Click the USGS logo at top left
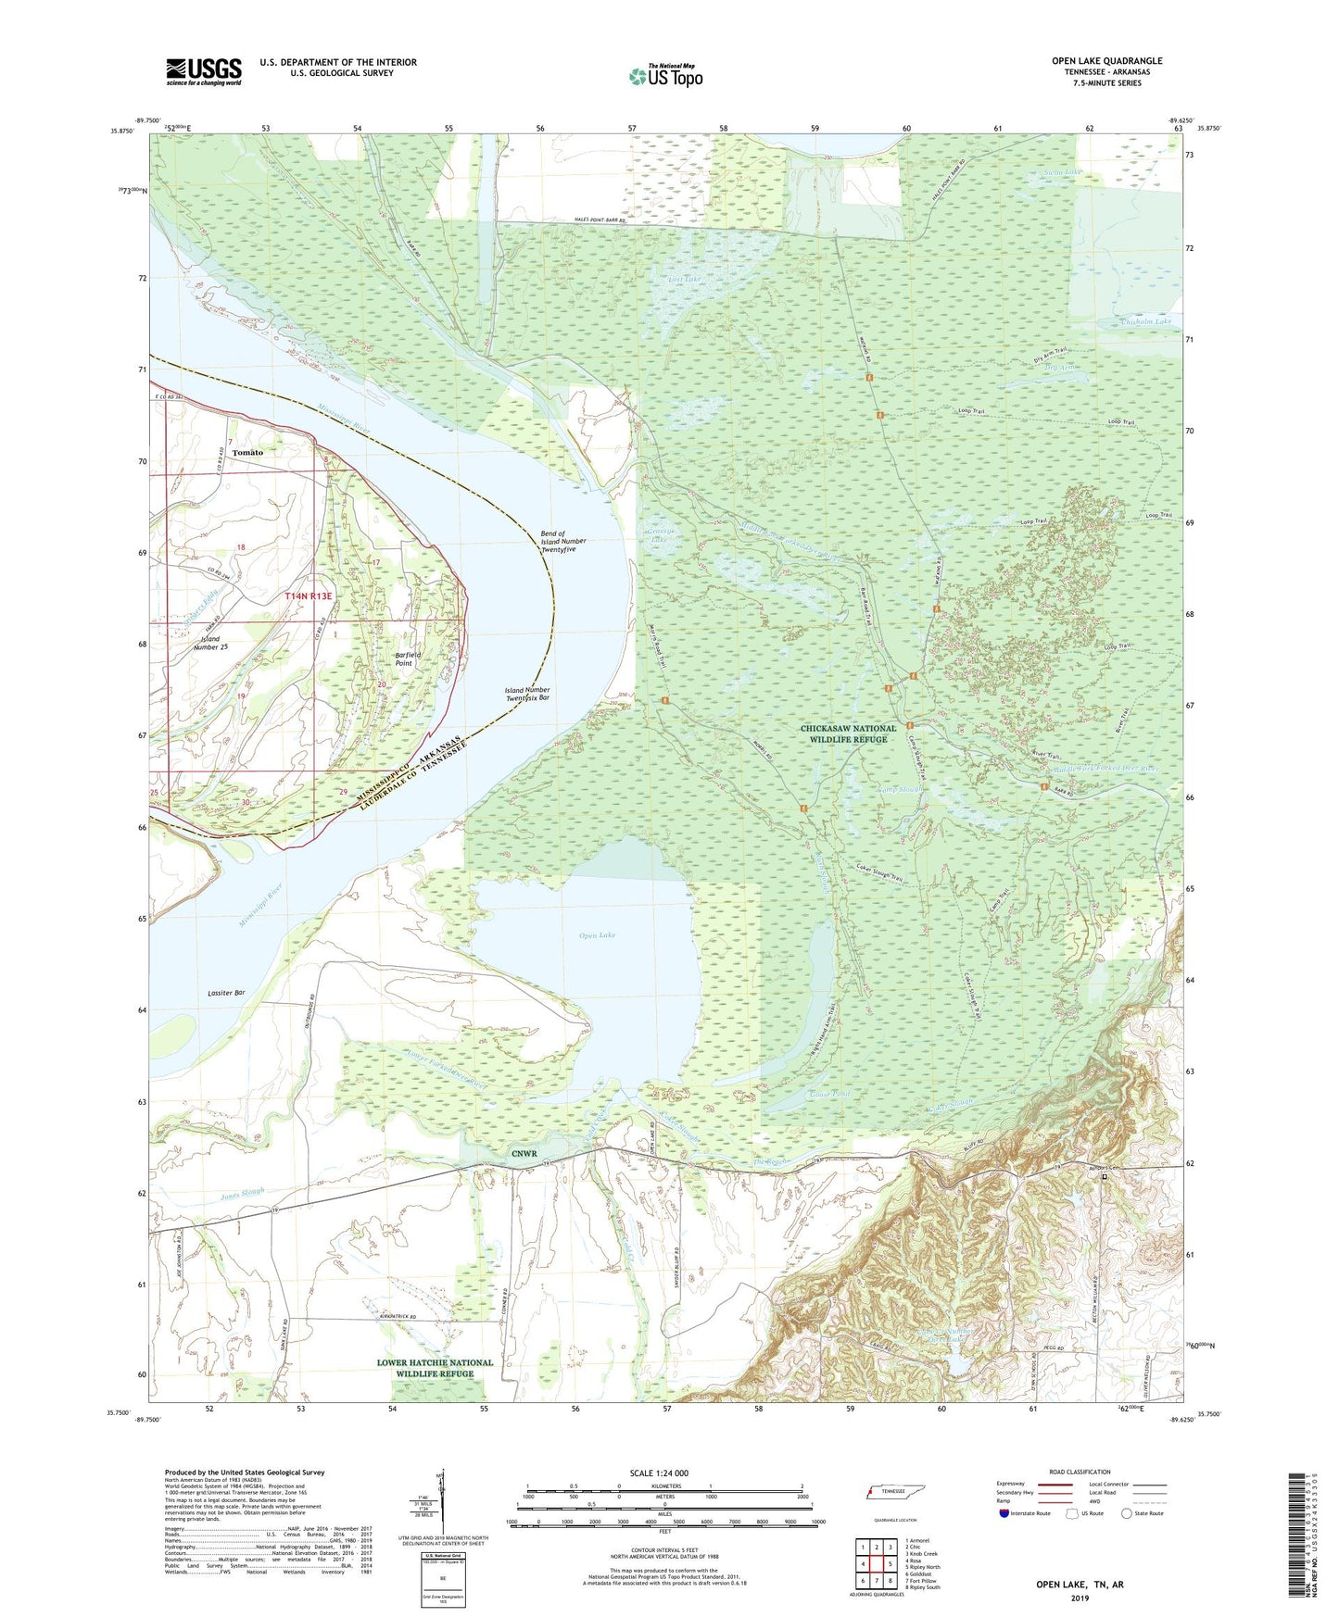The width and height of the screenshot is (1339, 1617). [204, 71]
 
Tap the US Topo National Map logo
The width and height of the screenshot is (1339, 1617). [665, 76]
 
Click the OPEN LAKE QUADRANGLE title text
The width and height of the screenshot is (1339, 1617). [1106, 61]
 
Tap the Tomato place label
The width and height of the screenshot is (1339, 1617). [247, 452]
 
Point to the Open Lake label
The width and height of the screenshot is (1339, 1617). [597, 935]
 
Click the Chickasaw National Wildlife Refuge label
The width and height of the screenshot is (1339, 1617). [848, 734]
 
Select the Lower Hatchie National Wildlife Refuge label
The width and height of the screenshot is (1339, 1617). [435, 1368]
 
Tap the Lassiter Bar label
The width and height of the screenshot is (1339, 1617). [226, 993]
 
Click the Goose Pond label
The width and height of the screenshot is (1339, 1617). [829, 1094]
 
